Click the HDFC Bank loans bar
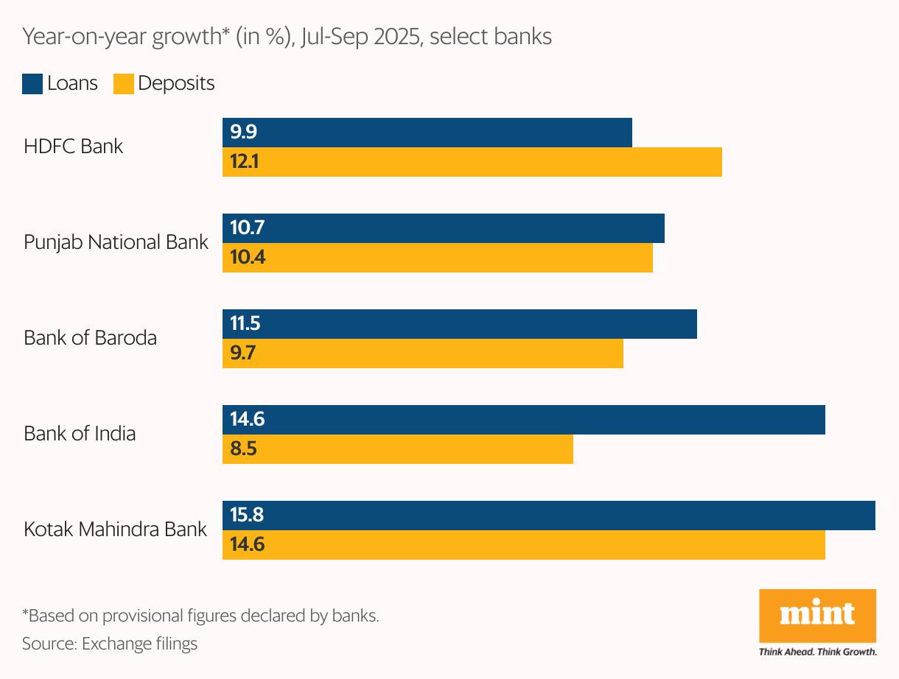[427, 133]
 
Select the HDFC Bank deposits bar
[472, 162]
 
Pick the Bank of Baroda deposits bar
[423, 353]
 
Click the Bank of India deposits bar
[398, 449]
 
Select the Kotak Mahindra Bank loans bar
[549, 516]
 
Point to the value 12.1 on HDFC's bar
[244, 162]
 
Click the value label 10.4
[248, 258]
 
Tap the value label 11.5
[245, 324]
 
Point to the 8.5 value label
[243, 449]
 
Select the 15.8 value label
[247, 516]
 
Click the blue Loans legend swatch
[32, 84]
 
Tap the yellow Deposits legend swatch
[123, 84]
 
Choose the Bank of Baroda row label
[90, 338]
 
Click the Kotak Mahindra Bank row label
[115, 529]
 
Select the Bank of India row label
[80, 433]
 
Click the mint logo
[817, 615]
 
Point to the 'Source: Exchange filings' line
[110, 644]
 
